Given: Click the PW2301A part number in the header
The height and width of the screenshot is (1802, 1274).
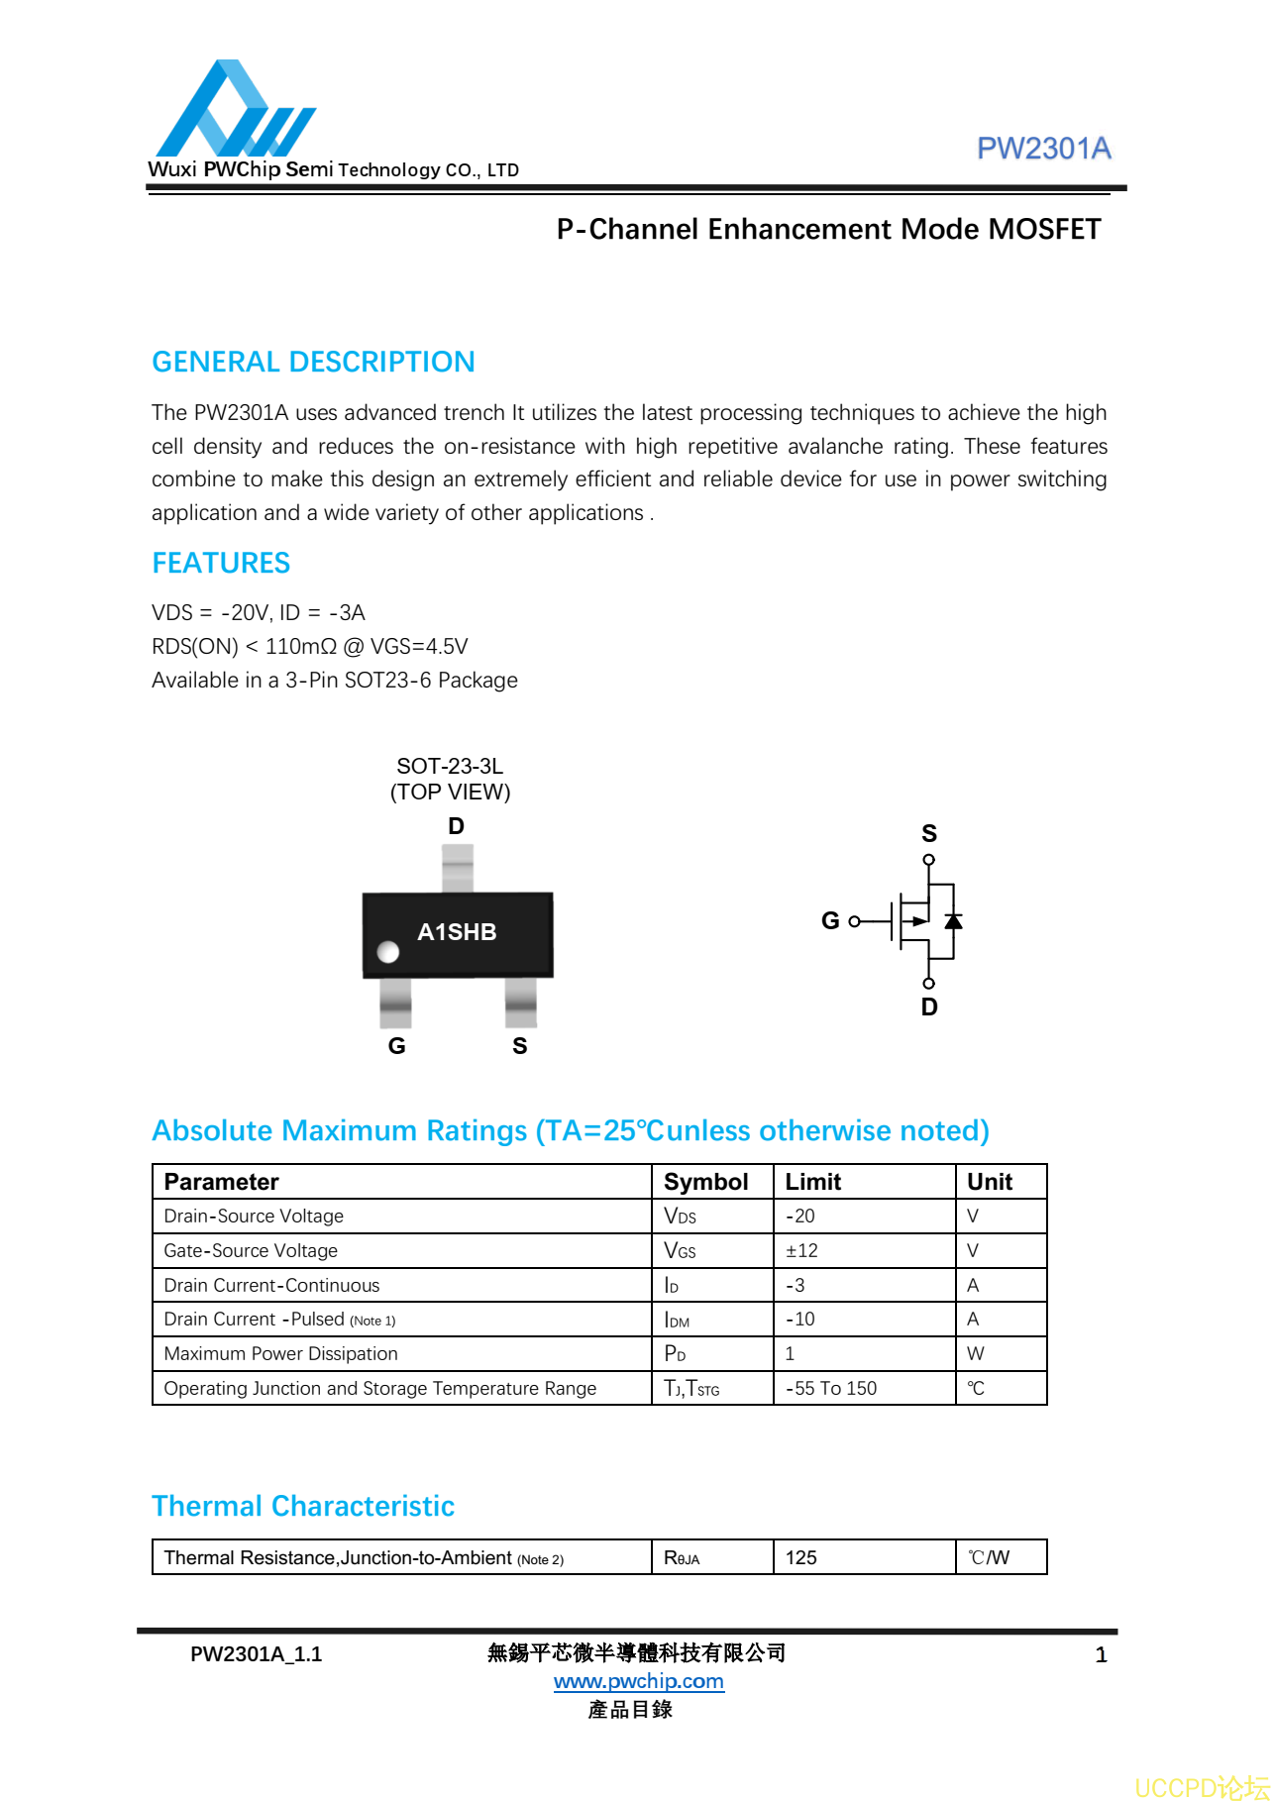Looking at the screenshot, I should (x=1043, y=149).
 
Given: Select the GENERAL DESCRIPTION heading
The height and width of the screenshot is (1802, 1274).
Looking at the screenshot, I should (x=313, y=362).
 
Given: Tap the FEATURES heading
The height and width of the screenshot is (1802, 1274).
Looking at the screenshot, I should (x=221, y=563).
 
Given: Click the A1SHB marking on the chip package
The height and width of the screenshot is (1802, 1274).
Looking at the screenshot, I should (x=457, y=932).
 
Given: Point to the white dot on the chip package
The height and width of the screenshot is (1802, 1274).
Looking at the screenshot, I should (x=388, y=952).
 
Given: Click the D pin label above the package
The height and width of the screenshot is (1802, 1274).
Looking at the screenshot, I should (x=456, y=826).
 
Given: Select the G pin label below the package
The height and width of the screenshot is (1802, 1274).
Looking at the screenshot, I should (x=396, y=1046).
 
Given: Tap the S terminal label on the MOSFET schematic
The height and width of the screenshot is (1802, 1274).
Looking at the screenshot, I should (x=928, y=833).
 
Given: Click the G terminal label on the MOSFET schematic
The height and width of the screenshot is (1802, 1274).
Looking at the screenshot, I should (x=830, y=920).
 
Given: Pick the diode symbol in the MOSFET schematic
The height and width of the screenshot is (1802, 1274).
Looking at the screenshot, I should (x=953, y=921).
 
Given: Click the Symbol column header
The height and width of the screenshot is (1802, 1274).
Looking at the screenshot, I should (x=705, y=1182).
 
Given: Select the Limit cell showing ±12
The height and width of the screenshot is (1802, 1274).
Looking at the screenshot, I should (x=801, y=1250).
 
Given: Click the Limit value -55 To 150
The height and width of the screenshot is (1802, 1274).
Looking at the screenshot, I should (x=831, y=1388).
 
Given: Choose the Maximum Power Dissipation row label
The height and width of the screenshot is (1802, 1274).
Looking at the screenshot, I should (x=280, y=1353).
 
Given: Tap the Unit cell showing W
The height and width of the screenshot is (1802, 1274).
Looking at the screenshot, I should (x=976, y=1353).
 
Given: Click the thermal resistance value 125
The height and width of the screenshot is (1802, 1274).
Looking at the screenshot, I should (x=800, y=1557).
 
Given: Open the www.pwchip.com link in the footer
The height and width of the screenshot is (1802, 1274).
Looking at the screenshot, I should (x=638, y=1681).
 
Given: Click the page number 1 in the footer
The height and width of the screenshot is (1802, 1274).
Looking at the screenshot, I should (x=1101, y=1654).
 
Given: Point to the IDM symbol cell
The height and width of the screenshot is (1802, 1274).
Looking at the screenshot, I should (x=677, y=1320).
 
